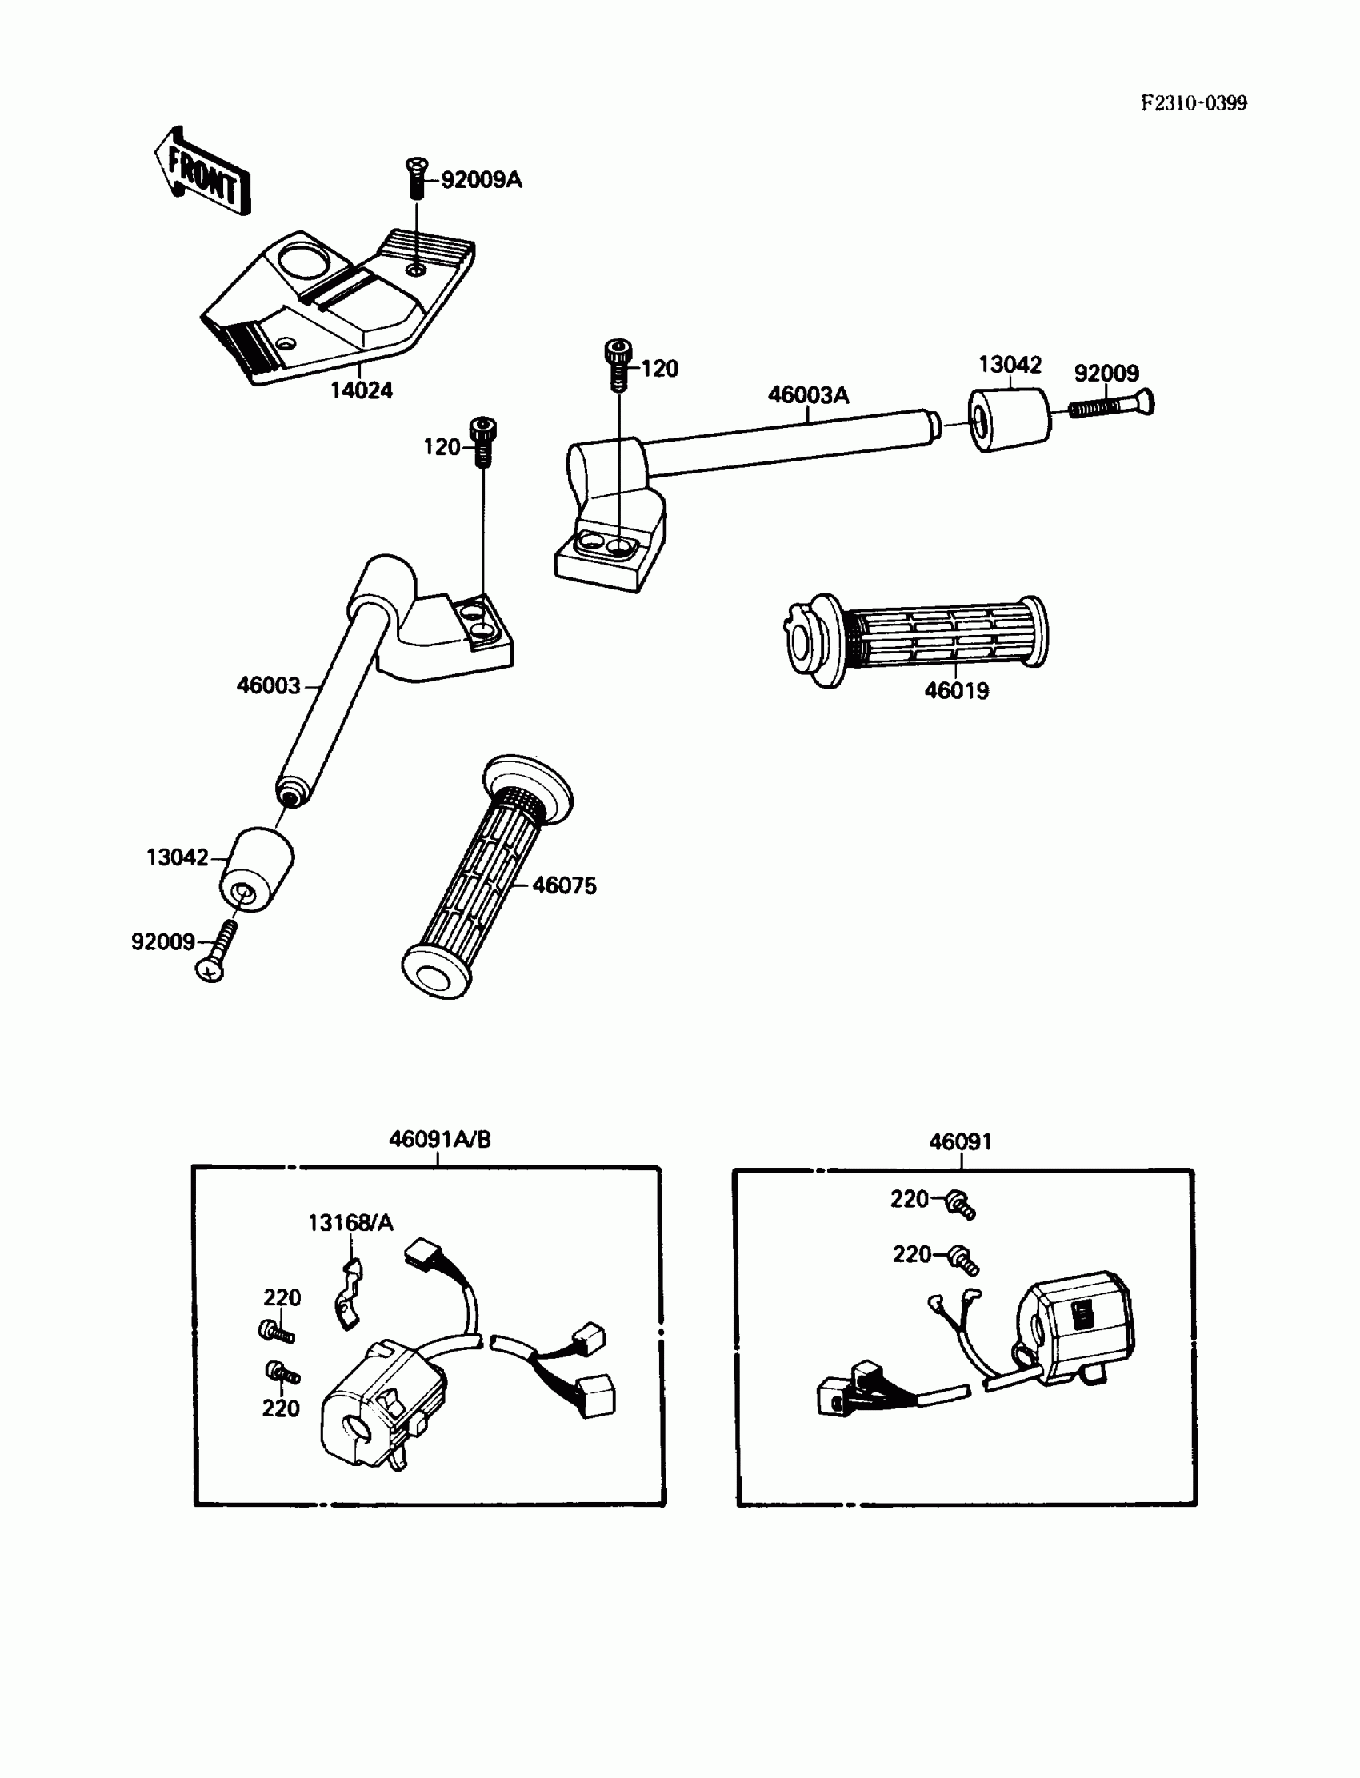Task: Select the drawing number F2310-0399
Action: [1194, 104]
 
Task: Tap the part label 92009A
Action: [482, 180]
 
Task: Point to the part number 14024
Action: [361, 391]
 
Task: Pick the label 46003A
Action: [808, 395]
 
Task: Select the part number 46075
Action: [564, 885]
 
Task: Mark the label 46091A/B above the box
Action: [439, 1140]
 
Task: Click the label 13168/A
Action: [350, 1223]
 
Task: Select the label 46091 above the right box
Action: [960, 1142]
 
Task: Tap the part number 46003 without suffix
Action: [268, 685]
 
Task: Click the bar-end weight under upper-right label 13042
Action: [1009, 419]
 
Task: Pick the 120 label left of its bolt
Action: [441, 447]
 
